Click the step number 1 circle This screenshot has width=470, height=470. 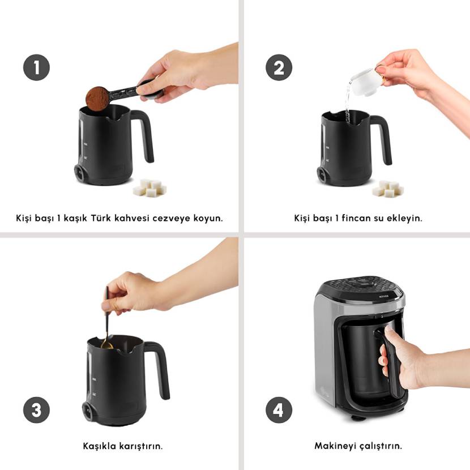click(x=37, y=67)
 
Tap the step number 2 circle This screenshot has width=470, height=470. click(x=279, y=67)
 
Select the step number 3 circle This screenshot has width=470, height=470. click(x=37, y=410)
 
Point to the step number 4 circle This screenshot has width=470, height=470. click(x=279, y=410)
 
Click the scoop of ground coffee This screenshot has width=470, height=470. click(x=97, y=99)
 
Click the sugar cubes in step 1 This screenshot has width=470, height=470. click(x=150, y=188)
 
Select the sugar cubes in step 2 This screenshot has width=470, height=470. click(x=388, y=189)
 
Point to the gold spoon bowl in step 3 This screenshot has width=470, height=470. click(x=106, y=344)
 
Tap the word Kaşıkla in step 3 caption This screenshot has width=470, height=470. click(x=100, y=446)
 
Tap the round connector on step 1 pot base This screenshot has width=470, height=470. click(x=80, y=173)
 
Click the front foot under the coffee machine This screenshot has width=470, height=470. click(x=358, y=417)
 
